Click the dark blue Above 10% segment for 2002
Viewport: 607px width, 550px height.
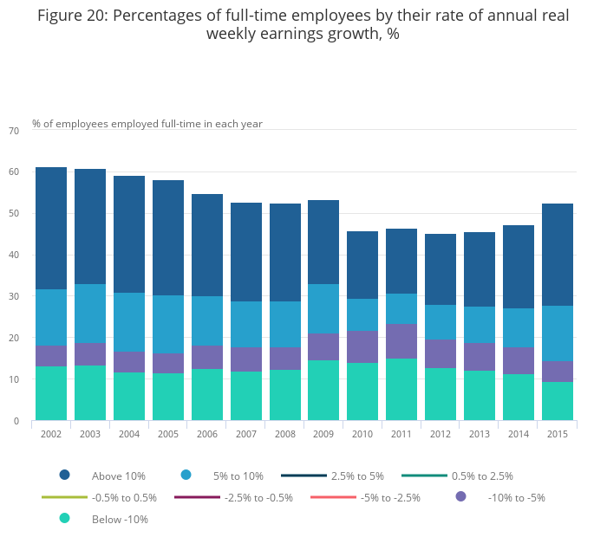[x=51, y=228]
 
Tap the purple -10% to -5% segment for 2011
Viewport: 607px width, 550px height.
[x=401, y=341]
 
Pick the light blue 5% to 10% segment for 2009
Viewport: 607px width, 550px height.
[x=323, y=309]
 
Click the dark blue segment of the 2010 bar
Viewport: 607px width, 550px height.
[x=362, y=265]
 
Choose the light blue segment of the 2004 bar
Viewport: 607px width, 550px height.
[x=129, y=322]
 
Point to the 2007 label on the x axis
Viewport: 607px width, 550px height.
[x=245, y=433]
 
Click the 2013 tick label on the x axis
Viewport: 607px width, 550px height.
[x=480, y=433]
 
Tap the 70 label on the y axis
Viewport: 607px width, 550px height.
[x=13, y=131]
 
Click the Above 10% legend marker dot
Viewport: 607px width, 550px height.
[x=64, y=475]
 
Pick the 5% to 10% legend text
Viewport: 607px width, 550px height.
[x=239, y=476]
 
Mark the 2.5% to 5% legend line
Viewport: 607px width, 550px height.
[x=303, y=476]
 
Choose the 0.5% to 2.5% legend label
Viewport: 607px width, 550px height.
[x=482, y=476]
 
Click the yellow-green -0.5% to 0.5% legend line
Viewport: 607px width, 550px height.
[x=64, y=497]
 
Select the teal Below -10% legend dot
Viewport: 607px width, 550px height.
[x=64, y=519]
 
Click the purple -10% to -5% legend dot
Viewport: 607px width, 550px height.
[x=460, y=496]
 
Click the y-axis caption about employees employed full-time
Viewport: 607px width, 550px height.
[x=147, y=124]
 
